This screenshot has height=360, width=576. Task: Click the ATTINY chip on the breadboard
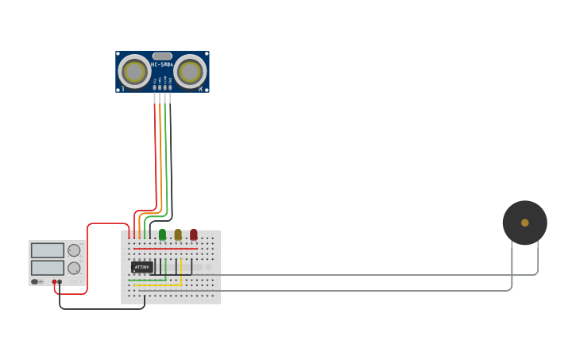click(141, 267)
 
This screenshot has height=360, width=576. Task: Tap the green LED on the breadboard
click(162, 234)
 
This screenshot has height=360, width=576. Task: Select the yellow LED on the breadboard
click(178, 234)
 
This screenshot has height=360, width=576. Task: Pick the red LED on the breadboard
click(193, 234)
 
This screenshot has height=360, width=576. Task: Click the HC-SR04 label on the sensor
click(162, 64)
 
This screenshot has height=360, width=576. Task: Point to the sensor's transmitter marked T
click(134, 72)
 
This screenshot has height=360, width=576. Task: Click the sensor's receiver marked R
click(190, 72)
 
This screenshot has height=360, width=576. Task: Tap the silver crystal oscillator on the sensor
click(162, 56)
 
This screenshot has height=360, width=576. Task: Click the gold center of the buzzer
click(525, 223)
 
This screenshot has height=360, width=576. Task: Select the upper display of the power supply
click(48, 250)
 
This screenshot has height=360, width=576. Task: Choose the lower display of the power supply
click(48, 267)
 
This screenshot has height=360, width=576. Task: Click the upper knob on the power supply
click(74, 250)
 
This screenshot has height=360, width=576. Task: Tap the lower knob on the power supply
click(74, 268)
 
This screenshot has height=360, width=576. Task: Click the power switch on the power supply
click(36, 281)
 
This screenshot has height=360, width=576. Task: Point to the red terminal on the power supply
click(55, 281)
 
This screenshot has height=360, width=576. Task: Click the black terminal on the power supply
click(60, 281)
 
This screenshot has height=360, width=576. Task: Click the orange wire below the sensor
click(160, 159)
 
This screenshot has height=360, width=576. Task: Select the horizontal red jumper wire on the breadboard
click(165, 249)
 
